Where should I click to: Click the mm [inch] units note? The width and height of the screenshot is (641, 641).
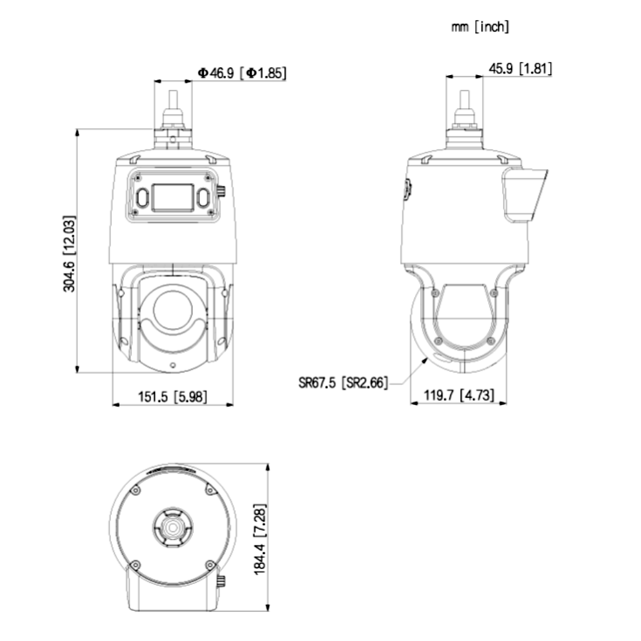tap(480, 28)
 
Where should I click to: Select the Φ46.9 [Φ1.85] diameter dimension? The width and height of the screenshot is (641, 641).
tap(242, 73)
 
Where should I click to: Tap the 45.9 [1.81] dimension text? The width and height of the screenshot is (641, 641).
tap(520, 68)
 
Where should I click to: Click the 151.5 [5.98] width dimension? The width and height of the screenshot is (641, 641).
tap(173, 396)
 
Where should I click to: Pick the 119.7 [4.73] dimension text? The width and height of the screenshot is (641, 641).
tap(459, 395)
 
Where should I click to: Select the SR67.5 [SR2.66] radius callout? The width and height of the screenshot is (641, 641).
tap(343, 382)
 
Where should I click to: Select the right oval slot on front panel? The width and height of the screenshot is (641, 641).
tap(202, 198)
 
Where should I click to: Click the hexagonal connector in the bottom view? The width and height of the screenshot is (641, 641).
tap(172, 528)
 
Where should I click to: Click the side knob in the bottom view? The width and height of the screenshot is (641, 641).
tap(221, 582)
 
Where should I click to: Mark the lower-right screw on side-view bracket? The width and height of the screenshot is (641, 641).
tap(490, 340)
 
